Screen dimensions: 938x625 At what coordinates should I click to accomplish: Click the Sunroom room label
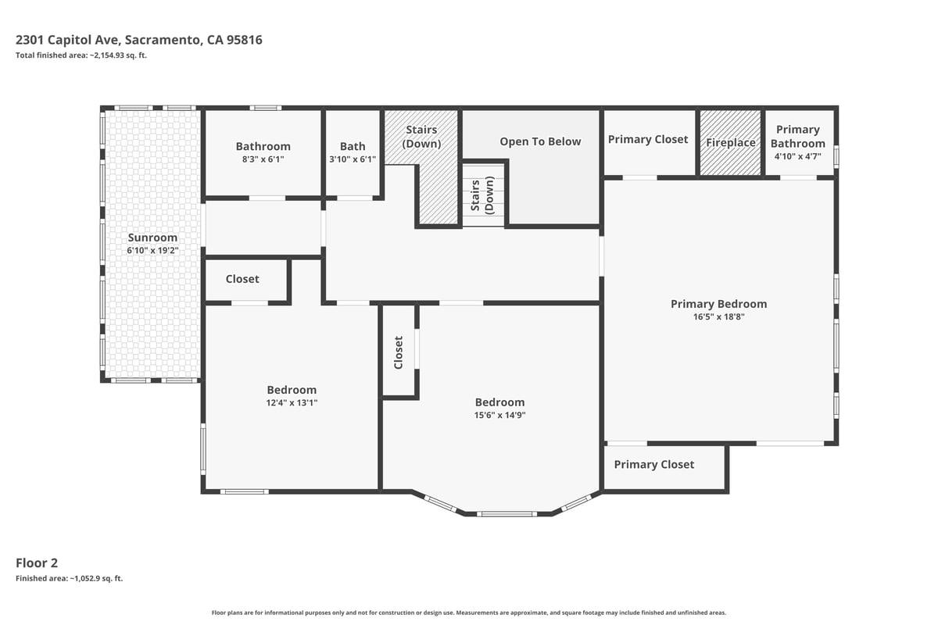(152, 237)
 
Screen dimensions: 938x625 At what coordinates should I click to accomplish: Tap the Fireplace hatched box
(731, 143)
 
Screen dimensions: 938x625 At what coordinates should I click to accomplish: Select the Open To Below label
(540, 141)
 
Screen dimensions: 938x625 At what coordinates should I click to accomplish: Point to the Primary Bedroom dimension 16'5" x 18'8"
(718, 317)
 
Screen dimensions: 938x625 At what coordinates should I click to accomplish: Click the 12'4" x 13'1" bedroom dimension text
(292, 403)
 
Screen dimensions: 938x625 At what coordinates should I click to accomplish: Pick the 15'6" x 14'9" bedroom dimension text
(499, 416)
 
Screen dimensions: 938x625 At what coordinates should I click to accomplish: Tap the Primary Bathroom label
(798, 137)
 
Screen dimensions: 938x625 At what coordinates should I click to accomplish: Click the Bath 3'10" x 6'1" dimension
(353, 159)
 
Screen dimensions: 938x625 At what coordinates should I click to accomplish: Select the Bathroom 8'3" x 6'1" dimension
(263, 159)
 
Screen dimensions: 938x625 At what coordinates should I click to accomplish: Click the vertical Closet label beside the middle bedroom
(398, 352)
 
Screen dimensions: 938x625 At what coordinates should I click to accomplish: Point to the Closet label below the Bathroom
(242, 279)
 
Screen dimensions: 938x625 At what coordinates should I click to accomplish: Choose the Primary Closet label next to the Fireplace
(648, 139)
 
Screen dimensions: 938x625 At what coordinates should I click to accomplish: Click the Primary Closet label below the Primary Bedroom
(654, 464)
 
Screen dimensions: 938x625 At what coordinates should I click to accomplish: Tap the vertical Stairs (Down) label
(482, 195)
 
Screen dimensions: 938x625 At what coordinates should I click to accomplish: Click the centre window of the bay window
(507, 513)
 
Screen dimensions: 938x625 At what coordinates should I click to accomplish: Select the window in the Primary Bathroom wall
(836, 156)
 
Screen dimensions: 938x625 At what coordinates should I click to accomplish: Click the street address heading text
(139, 40)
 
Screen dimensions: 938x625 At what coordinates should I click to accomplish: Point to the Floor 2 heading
(37, 563)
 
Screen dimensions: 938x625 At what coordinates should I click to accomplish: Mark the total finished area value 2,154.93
(107, 55)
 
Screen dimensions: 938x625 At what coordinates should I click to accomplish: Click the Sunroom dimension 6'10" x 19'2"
(153, 251)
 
